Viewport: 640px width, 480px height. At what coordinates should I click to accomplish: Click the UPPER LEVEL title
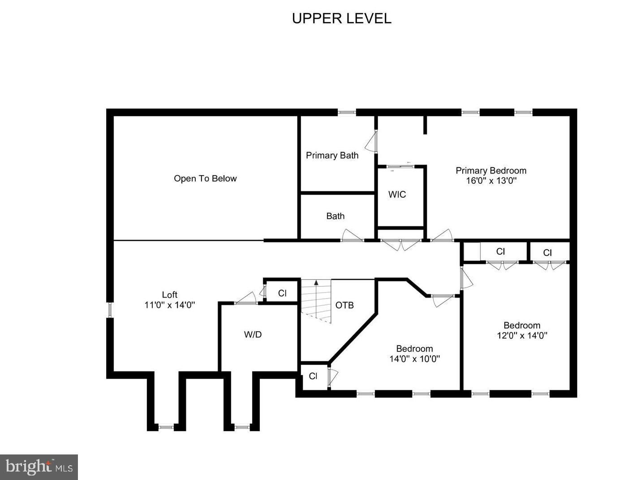tap(341, 18)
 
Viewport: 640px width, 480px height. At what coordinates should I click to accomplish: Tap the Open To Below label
tap(205, 178)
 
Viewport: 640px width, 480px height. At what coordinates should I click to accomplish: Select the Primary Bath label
tap(332, 156)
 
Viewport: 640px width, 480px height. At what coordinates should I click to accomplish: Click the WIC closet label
tap(397, 195)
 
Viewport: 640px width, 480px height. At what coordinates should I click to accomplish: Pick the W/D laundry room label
tap(253, 334)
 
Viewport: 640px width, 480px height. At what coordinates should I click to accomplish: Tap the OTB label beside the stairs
tap(344, 305)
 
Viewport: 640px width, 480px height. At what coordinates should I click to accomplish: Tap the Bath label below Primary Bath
tap(335, 216)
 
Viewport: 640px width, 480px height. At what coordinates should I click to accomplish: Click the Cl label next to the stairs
tap(282, 293)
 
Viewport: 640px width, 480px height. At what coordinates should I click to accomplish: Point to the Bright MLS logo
tap(39, 467)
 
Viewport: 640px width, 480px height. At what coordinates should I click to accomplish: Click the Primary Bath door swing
tap(371, 143)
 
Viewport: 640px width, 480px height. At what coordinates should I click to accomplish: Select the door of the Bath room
tap(352, 236)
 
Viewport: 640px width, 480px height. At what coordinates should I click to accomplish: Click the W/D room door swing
tap(246, 298)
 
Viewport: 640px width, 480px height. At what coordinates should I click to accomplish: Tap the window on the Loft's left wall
tap(110, 310)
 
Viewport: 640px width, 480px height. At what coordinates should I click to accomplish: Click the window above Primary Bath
tap(347, 112)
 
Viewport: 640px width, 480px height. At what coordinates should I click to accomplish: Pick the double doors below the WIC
tap(400, 244)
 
